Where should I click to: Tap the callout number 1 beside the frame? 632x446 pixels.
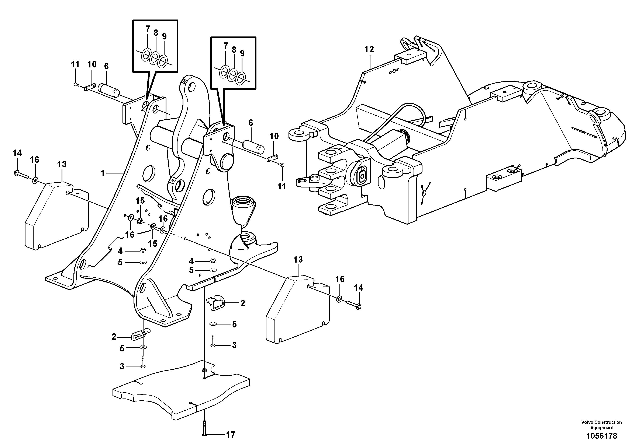[103, 173]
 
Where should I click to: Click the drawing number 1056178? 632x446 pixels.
[601, 436]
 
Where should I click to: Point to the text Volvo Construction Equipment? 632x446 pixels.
[601, 425]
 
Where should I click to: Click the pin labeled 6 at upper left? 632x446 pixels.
[110, 90]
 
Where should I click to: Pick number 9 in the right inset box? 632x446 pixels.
[242, 53]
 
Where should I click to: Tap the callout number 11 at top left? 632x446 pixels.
[75, 65]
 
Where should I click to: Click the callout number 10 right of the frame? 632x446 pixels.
[274, 136]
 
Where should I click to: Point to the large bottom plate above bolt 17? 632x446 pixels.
[182, 393]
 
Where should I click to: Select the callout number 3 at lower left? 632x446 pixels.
[122, 366]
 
